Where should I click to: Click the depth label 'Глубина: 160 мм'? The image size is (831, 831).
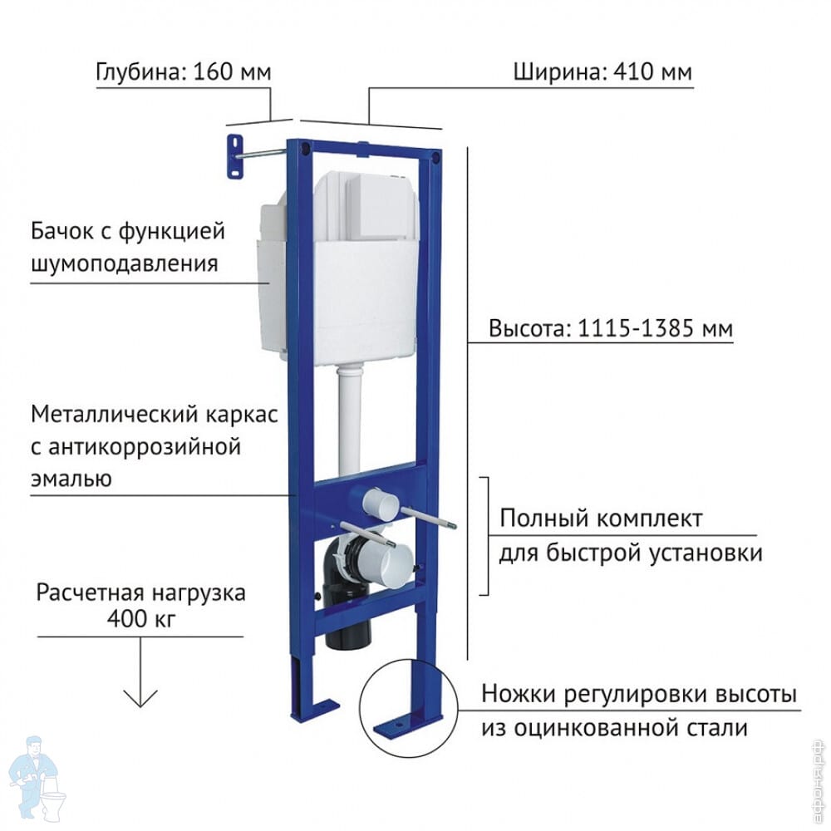(x=184, y=71)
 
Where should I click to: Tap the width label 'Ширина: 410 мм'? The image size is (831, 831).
(x=602, y=71)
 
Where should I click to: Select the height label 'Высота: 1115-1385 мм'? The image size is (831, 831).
(x=611, y=328)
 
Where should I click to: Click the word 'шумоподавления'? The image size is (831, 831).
(x=125, y=263)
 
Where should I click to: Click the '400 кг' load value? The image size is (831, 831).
(x=140, y=618)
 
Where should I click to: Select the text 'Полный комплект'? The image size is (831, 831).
(x=601, y=518)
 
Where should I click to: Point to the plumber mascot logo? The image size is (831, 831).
(x=37, y=780)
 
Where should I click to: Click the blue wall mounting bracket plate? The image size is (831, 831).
(x=235, y=157)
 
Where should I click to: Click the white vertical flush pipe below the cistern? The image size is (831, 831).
(x=350, y=419)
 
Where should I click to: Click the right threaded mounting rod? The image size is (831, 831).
(x=428, y=518)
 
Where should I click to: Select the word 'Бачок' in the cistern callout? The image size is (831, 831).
(x=63, y=231)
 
